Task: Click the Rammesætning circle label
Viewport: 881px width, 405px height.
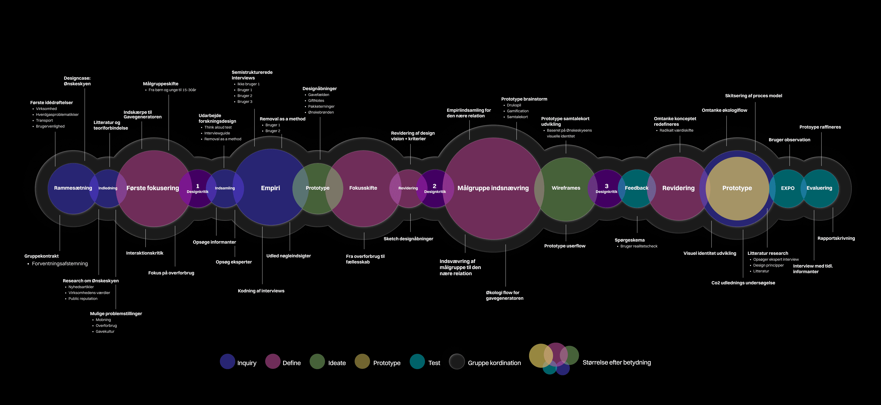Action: (x=73, y=188)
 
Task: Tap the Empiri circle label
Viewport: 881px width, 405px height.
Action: (x=270, y=188)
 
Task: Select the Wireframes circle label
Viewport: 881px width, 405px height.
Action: (x=566, y=188)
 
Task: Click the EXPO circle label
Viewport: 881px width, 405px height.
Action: (x=788, y=188)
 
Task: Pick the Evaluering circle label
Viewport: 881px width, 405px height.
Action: (x=819, y=188)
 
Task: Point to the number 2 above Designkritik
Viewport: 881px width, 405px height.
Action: (x=434, y=186)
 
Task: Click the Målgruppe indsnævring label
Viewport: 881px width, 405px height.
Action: (x=493, y=188)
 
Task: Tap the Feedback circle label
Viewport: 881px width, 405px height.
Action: (x=636, y=188)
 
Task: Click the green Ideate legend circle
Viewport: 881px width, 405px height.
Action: (x=317, y=361)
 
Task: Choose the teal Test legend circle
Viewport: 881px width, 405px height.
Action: (x=417, y=361)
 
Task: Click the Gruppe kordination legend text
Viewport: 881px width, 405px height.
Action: (x=494, y=363)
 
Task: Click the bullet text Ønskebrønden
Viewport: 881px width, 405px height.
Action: (x=321, y=113)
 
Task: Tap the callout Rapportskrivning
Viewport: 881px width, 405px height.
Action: (x=836, y=239)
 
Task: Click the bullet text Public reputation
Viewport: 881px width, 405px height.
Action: (x=83, y=299)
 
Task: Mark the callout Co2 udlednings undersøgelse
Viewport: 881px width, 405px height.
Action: (x=743, y=283)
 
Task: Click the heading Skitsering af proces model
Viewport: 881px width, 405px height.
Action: (x=754, y=96)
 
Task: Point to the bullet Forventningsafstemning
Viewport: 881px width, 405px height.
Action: (x=60, y=264)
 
